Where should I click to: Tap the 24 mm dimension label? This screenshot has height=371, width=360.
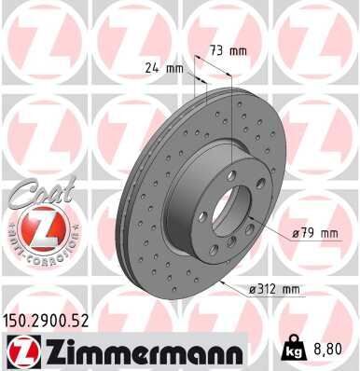[x=164, y=68]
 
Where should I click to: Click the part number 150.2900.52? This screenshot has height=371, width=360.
[x=53, y=320]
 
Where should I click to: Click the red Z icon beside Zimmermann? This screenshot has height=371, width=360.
[x=21, y=351]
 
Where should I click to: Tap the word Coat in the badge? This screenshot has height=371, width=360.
[x=35, y=195]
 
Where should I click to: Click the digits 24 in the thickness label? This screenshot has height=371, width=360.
[x=153, y=68]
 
